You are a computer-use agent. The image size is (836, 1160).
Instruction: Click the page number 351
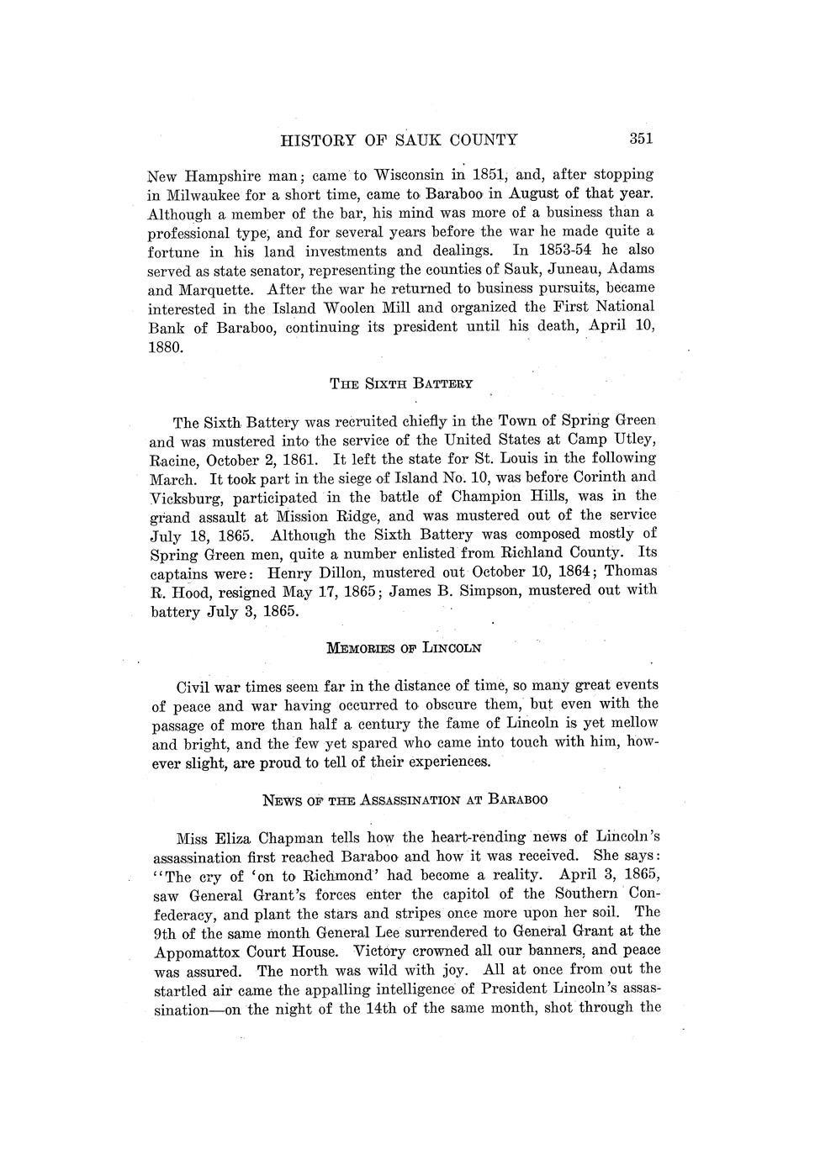pyautogui.click(x=641, y=140)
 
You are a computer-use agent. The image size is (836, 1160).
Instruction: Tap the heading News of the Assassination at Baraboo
pyautogui.click(x=405, y=799)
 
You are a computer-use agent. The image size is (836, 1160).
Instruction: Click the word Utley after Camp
pyautogui.click(x=633, y=440)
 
